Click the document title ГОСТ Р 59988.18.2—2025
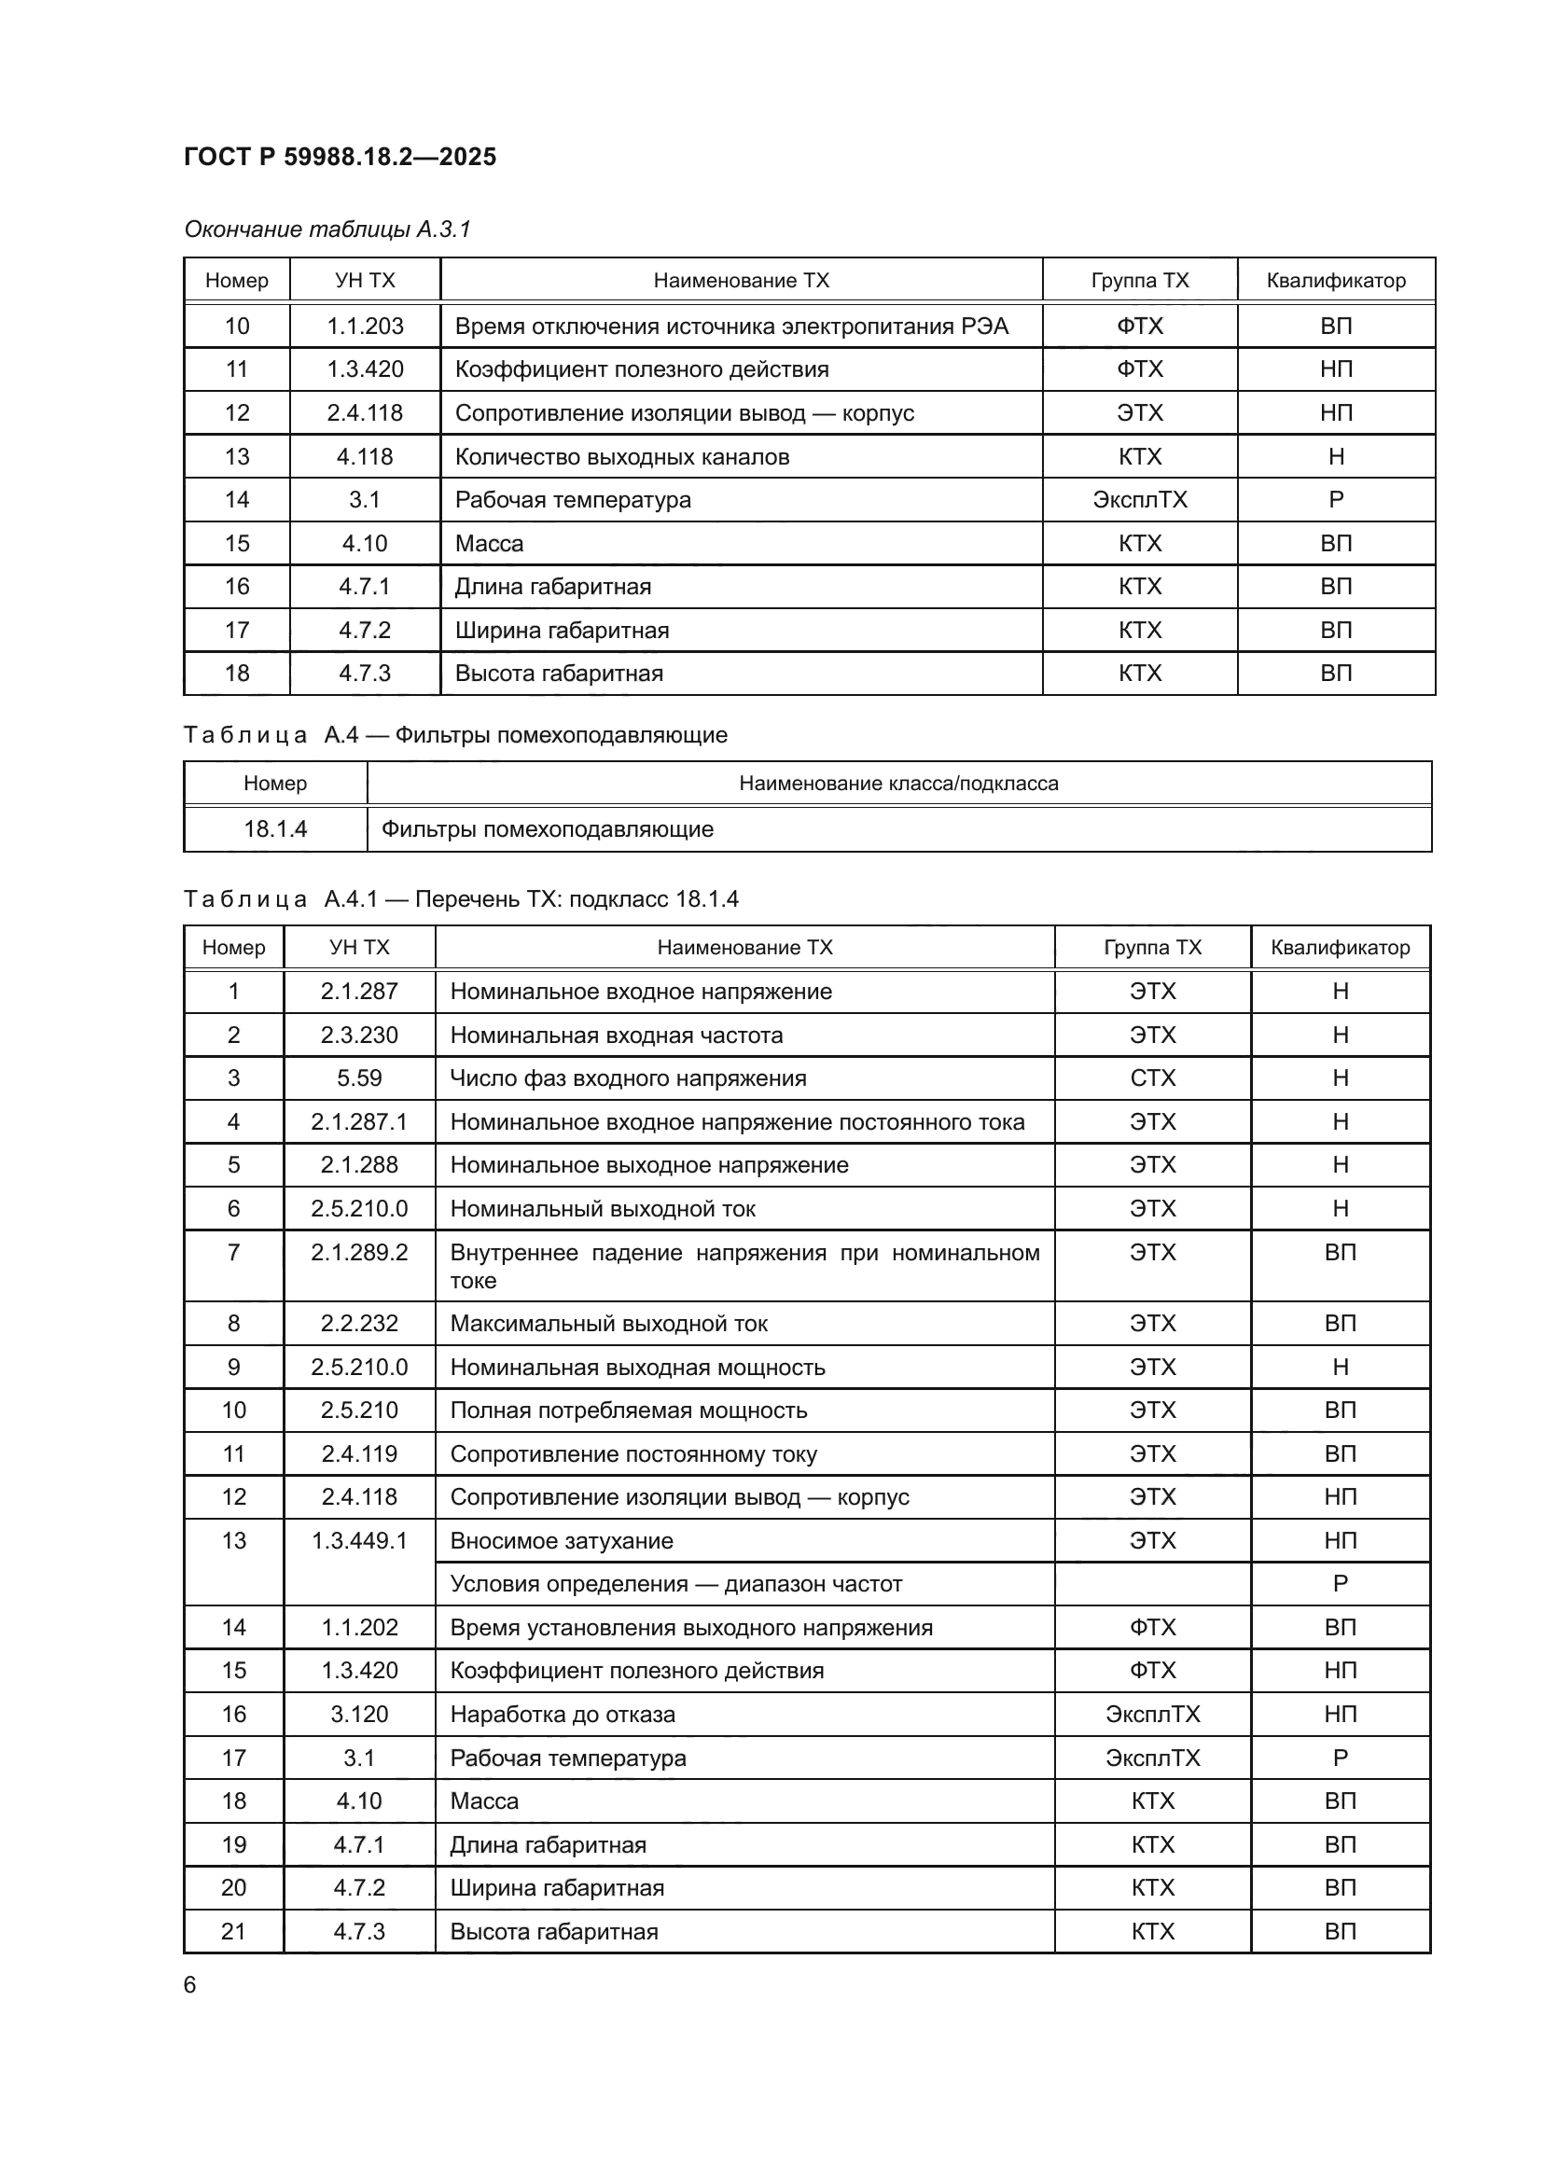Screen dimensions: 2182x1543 click(x=340, y=157)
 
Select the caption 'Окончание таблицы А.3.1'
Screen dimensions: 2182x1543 click(x=327, y=229)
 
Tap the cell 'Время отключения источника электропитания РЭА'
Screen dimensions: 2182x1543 click(x=730, y=326)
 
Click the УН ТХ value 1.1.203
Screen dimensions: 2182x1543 click(x=365, y=326)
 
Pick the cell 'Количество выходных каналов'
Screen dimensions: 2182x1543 click(x=621, y=457)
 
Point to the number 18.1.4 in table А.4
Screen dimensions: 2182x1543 click(x=275, y=828)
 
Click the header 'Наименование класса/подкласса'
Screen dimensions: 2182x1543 click(x=897, y=783)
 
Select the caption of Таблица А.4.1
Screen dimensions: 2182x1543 click(x=461, y=899)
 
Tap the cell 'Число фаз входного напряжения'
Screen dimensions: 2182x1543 click(x=628, y=1078)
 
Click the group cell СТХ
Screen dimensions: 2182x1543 click(x=1151, y=1078)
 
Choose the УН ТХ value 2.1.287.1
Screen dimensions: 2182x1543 click(x=359, y=1122)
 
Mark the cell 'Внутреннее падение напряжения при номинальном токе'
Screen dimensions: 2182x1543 click(x=744, y=1266)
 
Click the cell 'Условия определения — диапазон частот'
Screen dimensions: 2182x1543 click(x=675, y=1584)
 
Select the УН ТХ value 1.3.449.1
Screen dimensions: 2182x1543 click(x=359, y=1540)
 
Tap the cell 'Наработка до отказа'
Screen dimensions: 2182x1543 click(x=563, y=1715)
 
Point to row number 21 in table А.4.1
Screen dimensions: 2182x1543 click(x=234, y=1931)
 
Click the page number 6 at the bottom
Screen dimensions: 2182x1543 click(x=190, y=1985)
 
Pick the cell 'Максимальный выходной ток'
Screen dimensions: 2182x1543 click(x=608, y=1324)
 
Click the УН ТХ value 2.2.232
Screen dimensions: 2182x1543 click(x=359, y=1324)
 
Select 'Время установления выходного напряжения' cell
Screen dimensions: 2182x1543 click(x=690, y=1628)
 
